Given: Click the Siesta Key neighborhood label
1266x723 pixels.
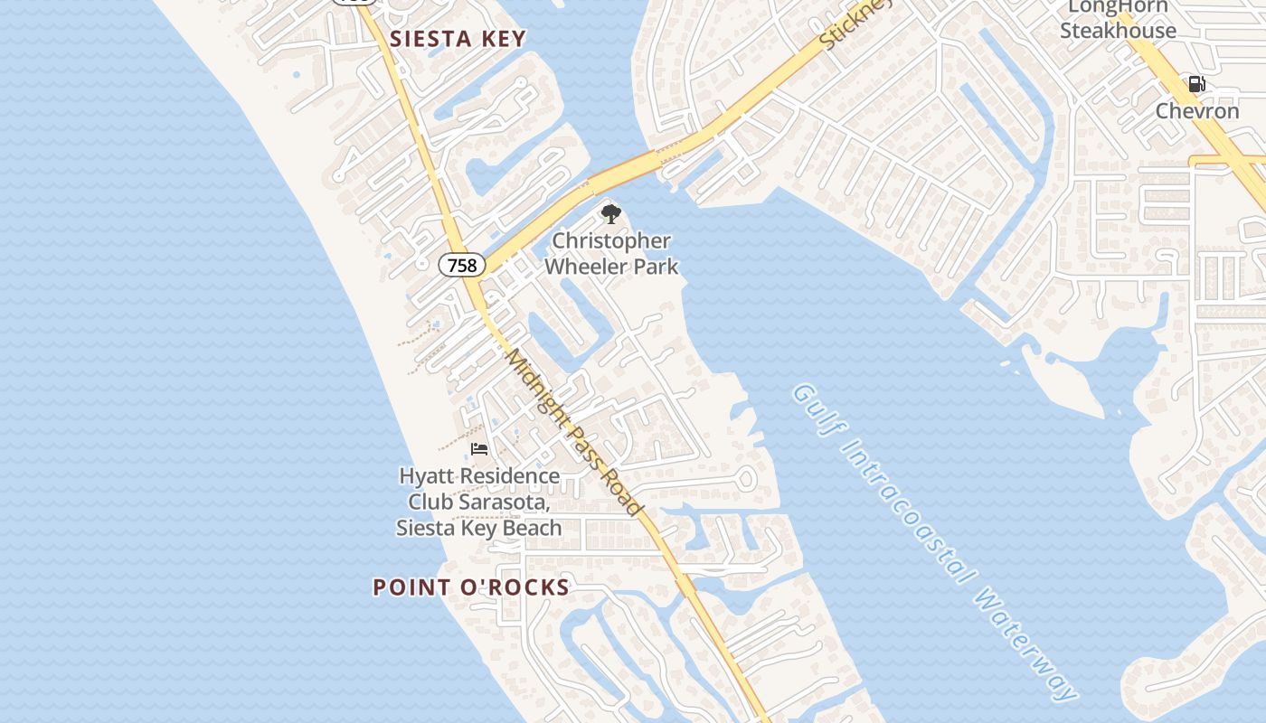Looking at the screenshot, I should (x=458, y=39).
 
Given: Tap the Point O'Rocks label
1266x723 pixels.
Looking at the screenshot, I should (x=471, y=587).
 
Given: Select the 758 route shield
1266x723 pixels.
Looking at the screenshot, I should (x=462, y=266).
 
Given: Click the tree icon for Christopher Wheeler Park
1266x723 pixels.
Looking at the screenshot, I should (x=611, y=214).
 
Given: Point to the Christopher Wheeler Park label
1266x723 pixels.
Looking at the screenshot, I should (x=611, y=254).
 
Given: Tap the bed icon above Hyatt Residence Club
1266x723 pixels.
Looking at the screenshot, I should (x=479, y=448).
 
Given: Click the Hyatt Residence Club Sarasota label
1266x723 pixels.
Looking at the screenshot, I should (x=479, y=502).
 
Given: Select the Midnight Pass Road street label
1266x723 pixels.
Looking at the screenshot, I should (x=574, y=432).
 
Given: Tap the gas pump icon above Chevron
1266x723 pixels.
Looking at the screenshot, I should (x=1196, y=85).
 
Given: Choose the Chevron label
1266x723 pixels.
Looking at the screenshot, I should (x=1197, y=111).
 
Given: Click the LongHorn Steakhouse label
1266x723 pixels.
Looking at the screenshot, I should (x=1118, y=19).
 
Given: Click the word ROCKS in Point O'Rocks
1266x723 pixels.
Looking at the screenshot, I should (x=525, y=587).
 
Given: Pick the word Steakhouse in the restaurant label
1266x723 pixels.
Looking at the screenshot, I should (x=1118, y=31).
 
